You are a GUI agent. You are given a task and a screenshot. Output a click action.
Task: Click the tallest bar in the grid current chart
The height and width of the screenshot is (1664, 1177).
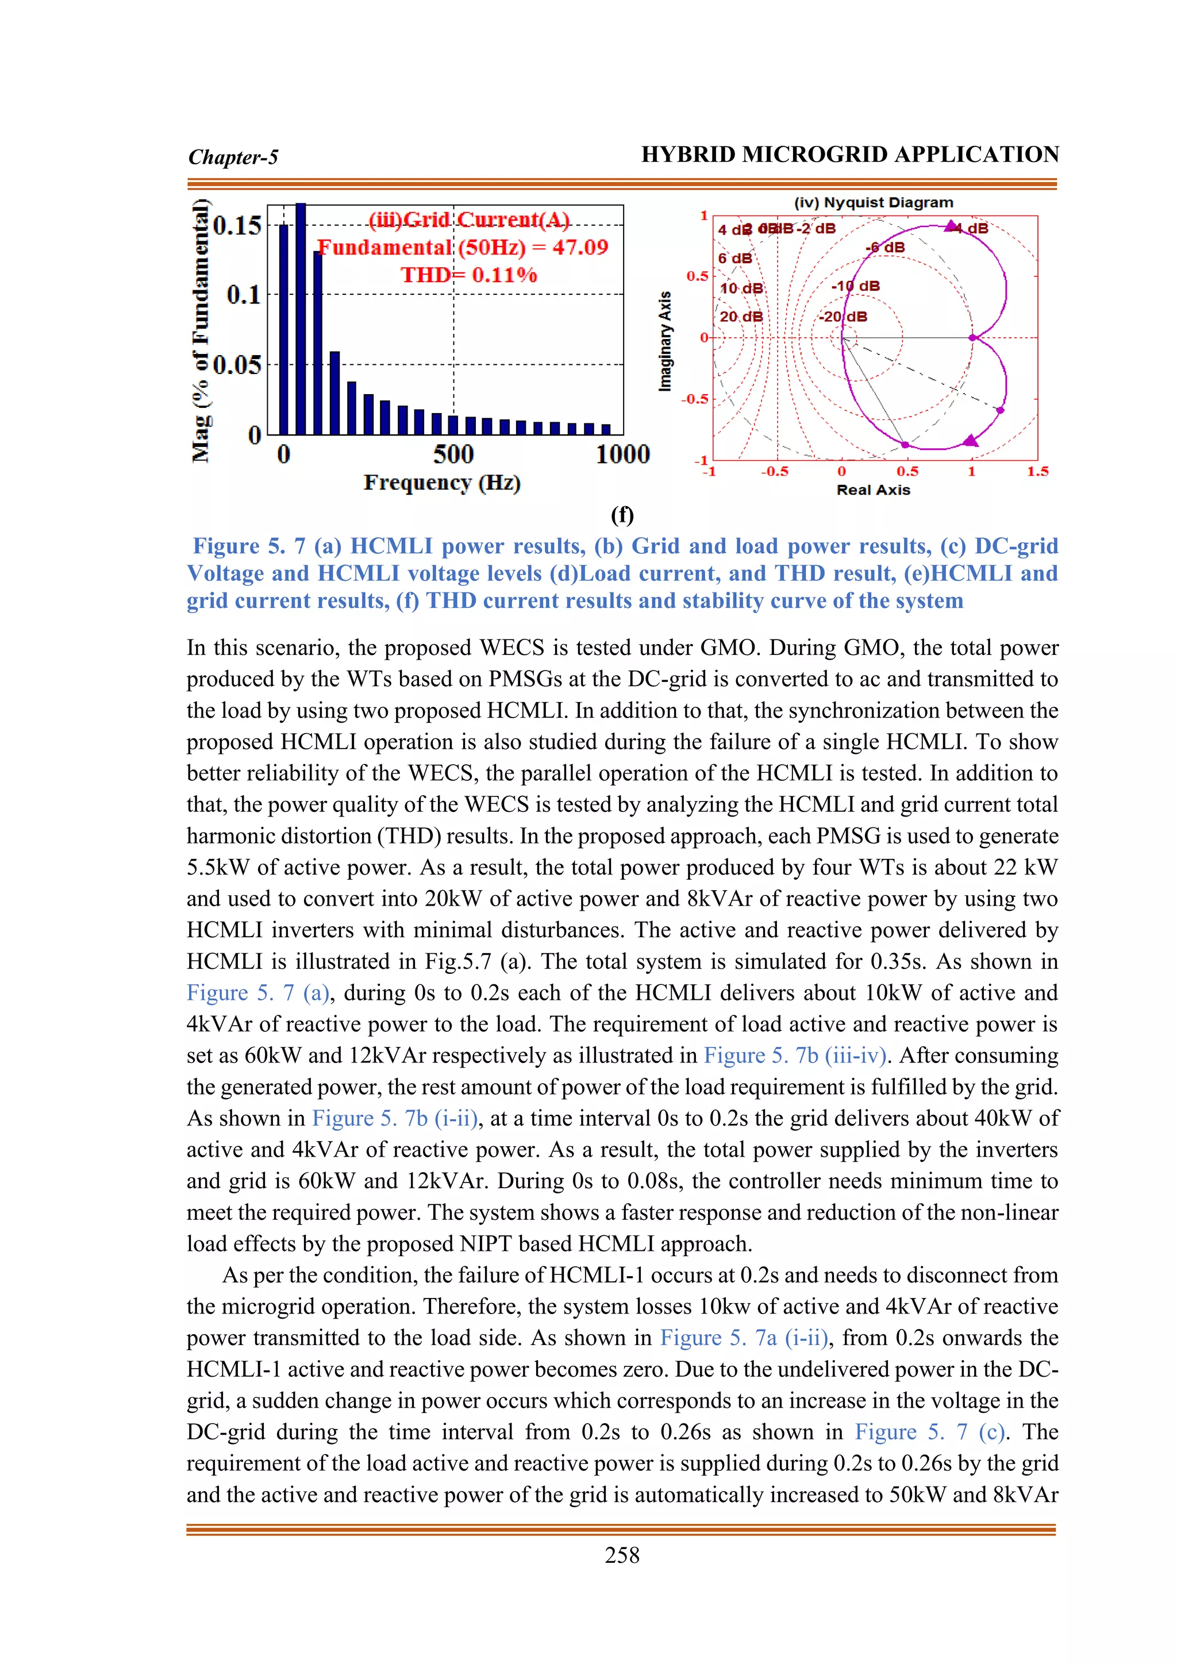coord(301,319)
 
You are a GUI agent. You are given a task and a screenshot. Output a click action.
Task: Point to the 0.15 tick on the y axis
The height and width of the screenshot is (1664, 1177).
coord(237,225)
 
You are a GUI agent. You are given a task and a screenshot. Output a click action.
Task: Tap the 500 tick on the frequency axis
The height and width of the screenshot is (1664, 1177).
coord(453,455)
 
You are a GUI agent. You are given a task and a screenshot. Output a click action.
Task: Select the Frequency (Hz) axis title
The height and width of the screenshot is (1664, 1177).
coord(442,483)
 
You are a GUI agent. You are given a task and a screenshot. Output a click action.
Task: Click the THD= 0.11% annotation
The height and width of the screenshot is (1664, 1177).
coord(469,275)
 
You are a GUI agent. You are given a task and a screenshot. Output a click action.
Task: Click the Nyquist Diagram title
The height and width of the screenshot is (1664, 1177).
coord(874,203)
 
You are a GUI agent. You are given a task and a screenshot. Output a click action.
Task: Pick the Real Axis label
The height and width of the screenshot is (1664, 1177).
coord(874,490)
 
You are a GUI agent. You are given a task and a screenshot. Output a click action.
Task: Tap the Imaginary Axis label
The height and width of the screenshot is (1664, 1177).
coord(664,341)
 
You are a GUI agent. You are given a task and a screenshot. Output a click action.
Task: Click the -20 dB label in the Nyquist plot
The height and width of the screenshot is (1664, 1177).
coord(843,317)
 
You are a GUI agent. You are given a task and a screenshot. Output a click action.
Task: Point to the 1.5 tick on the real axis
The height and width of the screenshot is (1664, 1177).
coord(1037,472)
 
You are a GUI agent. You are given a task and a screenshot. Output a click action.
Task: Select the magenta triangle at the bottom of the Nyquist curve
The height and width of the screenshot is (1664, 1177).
coord(971,441)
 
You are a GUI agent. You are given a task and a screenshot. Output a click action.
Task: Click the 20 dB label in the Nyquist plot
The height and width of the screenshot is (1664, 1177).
coord(741,317)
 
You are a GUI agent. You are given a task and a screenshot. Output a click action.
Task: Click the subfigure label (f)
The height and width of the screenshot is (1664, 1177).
coord(622,515)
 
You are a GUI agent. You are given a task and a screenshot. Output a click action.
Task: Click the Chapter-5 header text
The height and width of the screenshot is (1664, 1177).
coord(233,157)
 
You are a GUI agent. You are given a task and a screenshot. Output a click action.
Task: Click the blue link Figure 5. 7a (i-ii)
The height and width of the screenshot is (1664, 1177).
coord(744,1338)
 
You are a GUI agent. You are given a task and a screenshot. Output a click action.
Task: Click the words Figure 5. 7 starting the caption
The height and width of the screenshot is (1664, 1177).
coord(249,546)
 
